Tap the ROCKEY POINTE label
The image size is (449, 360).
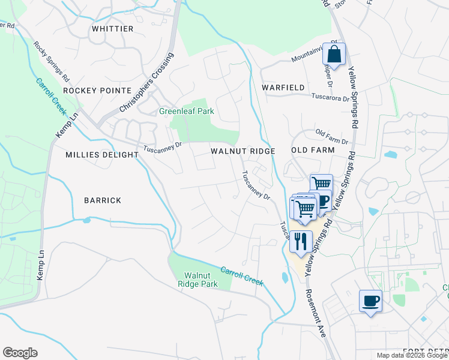tap(97, 90)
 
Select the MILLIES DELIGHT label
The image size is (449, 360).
tap(102, 155)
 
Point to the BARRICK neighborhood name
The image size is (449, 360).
tap(103, 200)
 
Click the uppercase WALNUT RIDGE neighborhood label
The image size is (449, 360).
tap(243, 151)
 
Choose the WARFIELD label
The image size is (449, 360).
tap(283, 88)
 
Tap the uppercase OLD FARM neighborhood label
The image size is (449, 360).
tap(312, 149)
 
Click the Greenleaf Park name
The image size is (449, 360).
tap(186, 111)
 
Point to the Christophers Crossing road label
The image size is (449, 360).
tap(146, 83)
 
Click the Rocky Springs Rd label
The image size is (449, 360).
tap(52, 62)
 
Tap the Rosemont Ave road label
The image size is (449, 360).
tap(315, 313)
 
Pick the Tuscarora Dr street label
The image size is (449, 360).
tap(329, 97)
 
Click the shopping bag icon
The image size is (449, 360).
tap(334, 55)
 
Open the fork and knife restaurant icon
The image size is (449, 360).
tap(301, 241)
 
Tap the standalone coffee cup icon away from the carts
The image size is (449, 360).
tap(370, 301)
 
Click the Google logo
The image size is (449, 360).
tap(20, 353)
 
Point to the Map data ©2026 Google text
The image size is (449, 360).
tap(411, 355)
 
